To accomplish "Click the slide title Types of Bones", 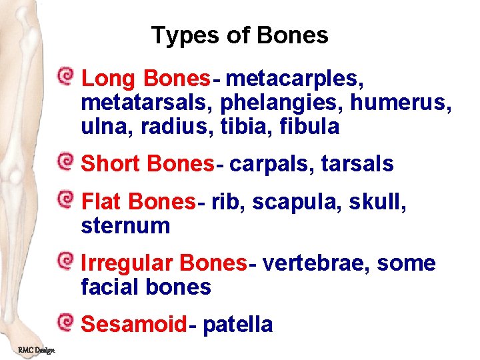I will [x=239, y=35].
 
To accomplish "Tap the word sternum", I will [x=125, y=225].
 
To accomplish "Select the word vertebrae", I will [x=317, y=263].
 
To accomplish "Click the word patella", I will [x=237, y=325].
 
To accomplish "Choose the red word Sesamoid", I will [x=133, y=325].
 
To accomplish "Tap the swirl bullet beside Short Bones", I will [x=65, y=161].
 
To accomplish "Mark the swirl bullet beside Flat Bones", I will [x=65, y=198].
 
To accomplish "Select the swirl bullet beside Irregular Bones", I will [x=65, y=260].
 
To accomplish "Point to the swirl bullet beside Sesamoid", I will [x=65, y=322].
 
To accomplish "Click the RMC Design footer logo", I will [x=37, y=351].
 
